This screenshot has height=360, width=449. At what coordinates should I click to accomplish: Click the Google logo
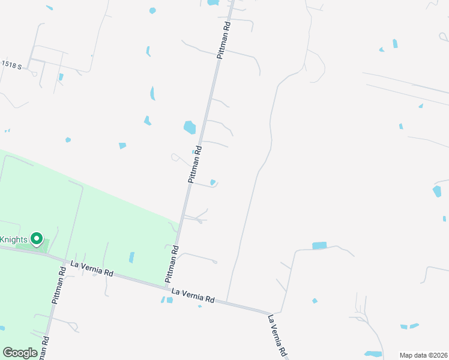(x=20, y=353)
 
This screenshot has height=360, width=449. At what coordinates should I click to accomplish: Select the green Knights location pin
(x=36, y=239)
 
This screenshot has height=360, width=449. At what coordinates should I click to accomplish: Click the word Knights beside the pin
(x=13, y=239)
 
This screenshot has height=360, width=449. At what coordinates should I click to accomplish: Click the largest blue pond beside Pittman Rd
(x=190, y=127)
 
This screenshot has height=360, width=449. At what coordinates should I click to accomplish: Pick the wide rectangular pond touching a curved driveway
(x=319, y=245)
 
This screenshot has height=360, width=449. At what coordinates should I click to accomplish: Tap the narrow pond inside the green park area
(x=131, y=257)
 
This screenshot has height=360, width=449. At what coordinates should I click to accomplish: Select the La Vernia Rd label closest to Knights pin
(x=92, y=268)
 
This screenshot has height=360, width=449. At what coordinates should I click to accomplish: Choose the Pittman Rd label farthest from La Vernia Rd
(x=224, y=40)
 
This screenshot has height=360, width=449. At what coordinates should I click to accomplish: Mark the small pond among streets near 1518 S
(x=61, y=77)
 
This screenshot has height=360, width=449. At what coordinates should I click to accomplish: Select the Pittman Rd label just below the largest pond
(x=194, y=163)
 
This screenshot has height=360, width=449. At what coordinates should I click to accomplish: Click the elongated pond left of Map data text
(x=373, y=353)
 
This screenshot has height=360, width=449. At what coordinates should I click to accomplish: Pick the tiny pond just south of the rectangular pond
(x=314, y=301)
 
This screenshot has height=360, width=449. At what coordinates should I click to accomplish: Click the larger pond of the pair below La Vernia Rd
(x=169, y=300)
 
